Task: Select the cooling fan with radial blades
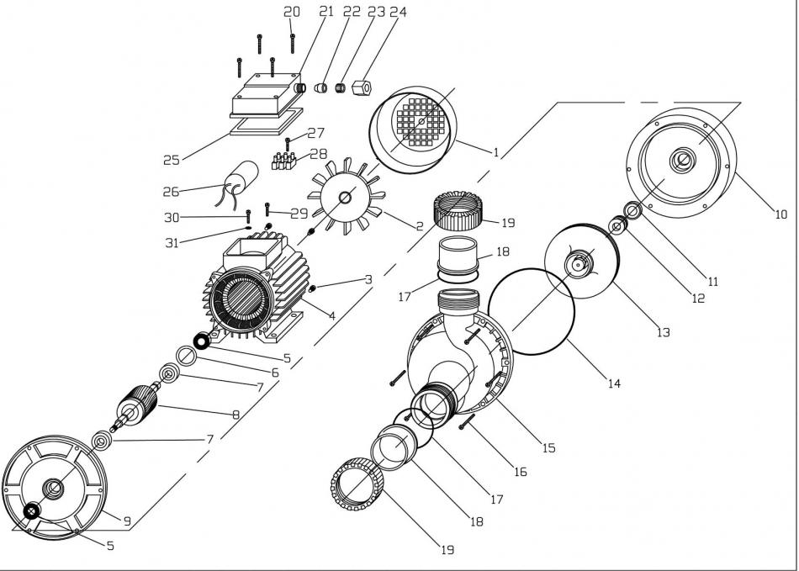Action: pos(346,200)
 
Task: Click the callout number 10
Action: pos(781,214)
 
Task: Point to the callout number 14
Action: pos(614,383)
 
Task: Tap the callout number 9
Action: pos(126,521)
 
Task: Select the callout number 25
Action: pos(172,158)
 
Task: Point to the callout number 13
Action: pos(663,333)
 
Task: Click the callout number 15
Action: pos(548,448)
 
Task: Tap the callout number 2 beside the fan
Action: pos(418,225)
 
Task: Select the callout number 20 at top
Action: pos(291,12)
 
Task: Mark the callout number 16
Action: pos(520,473)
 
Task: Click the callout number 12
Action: pos(697,298)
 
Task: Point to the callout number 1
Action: pos(496,153)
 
